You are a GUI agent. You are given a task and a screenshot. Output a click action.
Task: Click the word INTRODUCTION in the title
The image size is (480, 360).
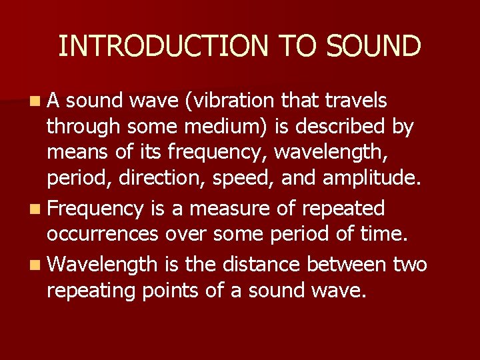point(162,46)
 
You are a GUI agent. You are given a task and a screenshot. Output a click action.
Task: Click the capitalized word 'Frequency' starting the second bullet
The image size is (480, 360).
point(95,209)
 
